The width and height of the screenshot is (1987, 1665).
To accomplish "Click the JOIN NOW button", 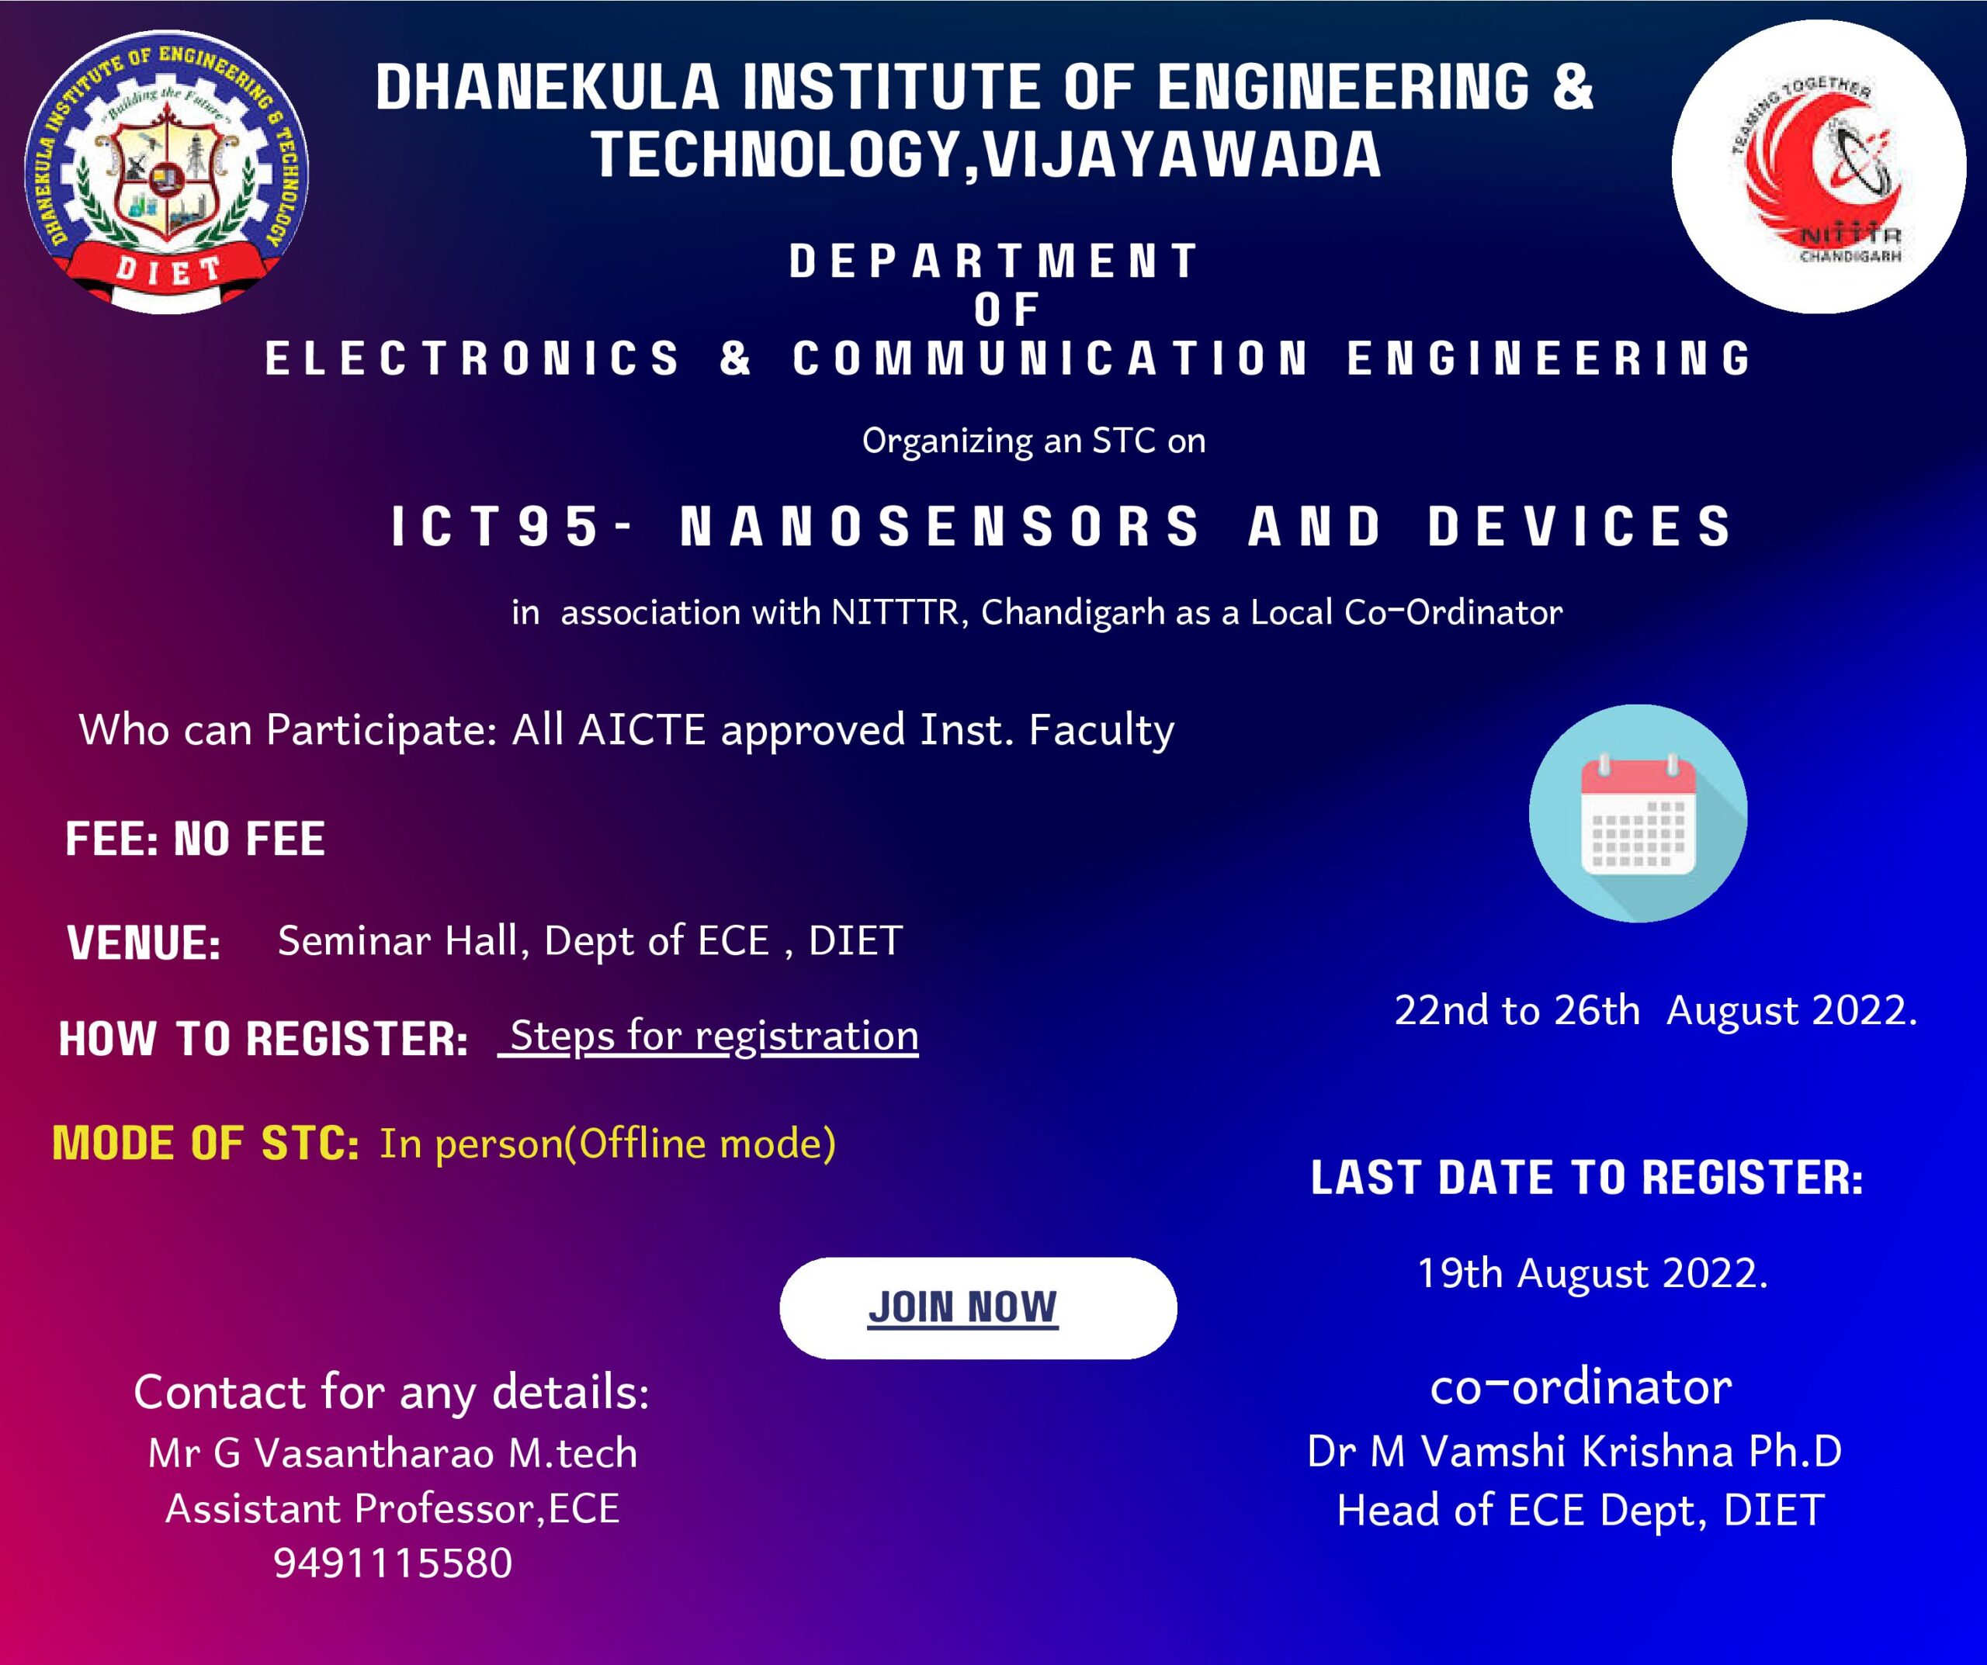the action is point(977,1308).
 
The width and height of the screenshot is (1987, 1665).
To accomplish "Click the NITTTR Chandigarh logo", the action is point(1818,167).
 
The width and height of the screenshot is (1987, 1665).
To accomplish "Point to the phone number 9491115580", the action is point(393,1563).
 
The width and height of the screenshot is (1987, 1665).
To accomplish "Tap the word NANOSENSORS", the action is point(940,527).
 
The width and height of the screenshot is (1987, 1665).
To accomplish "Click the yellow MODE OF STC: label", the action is point(206,1144).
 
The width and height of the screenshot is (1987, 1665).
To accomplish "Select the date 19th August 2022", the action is point(1593,1273).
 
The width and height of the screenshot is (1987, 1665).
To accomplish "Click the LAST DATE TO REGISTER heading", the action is point(1586,1178).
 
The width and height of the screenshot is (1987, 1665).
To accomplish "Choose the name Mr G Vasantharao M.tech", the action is point(393,1453).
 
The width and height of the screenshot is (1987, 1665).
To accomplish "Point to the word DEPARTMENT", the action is point(994,261).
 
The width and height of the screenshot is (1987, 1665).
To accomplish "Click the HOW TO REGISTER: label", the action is point(263,1040).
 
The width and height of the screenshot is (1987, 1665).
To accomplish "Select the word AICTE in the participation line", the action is point(642,730).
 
